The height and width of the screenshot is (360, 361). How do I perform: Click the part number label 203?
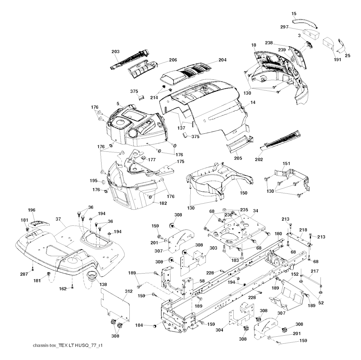pos(115,52)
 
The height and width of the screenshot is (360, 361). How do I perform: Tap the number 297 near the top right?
pos(284,27)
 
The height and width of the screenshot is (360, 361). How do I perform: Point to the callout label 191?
pos(337,60)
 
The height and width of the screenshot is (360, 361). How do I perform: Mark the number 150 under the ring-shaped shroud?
pos(244,193)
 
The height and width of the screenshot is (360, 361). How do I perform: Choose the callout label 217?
pos(314,271)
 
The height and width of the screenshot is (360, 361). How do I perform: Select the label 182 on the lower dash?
pos(163,203)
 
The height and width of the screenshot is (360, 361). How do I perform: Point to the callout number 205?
pos(238,158)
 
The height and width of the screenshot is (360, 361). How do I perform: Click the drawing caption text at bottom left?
pos(65,354)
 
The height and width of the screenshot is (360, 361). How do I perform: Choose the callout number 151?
pos(287,163)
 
